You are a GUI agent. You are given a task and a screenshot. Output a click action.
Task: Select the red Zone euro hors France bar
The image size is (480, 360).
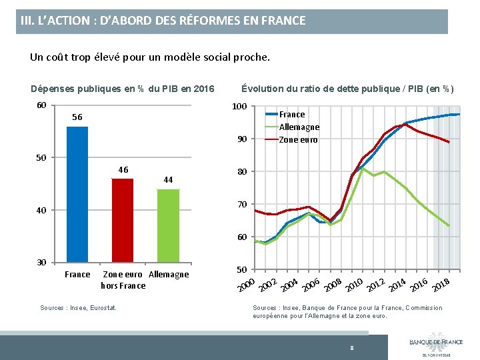pos(123,220)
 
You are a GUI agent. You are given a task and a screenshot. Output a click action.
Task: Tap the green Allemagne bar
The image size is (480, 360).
pos(168,225)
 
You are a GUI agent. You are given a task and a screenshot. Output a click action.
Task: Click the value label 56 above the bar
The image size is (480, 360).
pos(77,117)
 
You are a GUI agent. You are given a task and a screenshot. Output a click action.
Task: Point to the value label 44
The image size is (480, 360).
pos(168,180)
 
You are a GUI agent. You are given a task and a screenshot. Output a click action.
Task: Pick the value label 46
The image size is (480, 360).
pos(123,169)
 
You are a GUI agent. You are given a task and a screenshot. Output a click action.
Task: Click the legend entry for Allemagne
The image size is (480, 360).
pos(299,127)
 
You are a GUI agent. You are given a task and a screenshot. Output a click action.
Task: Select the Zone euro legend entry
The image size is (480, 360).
pos(298,139)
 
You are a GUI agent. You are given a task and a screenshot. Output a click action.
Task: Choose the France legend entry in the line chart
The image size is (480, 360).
pos(291,114)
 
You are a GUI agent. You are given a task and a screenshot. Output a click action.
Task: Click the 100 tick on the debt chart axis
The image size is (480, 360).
pos(240,107)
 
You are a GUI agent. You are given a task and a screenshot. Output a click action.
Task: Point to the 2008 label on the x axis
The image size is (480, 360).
pos(333,284)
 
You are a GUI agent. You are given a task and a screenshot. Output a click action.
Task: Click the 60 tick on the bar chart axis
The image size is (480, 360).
pos(41,105)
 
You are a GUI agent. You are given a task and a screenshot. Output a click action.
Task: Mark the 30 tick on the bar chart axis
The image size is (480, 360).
pos(41,262)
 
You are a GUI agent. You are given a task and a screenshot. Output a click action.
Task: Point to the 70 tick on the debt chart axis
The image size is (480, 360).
pos(242,204)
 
